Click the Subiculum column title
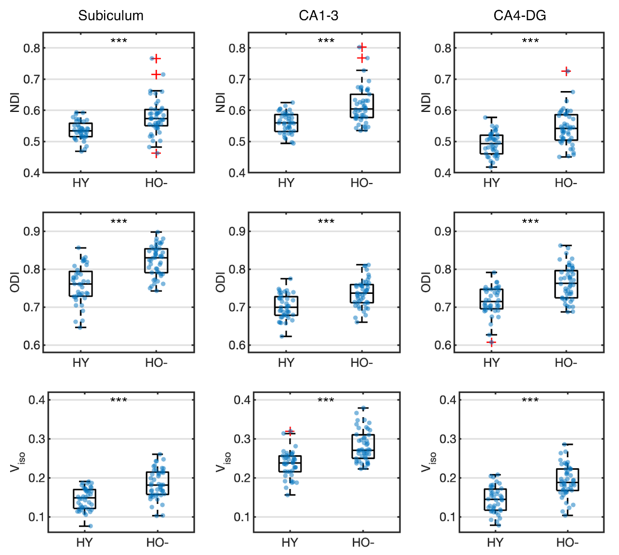coord(111,15)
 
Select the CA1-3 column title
coord(318,15)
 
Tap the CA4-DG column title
coord(520,15)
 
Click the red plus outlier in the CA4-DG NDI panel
coord(566,71)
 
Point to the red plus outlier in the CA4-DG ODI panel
coord(491,343)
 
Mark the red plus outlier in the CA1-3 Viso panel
coord(290,431)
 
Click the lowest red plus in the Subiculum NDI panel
coord(156,154)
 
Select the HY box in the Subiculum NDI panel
coord(81,130)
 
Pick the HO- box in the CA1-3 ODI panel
coord(362,293)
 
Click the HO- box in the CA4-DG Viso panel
coord(567,480)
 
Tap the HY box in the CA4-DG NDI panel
coord(491,144)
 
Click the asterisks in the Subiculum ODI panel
coord(119,222)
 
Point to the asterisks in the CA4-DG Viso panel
coord(530,400)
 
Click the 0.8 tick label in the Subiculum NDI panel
coord(32,48)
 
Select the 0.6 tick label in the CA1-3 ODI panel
coord(237,345)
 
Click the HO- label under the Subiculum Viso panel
coord(158,543)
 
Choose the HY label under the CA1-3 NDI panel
coord(286,183)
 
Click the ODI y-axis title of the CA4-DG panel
coord(425,282)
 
